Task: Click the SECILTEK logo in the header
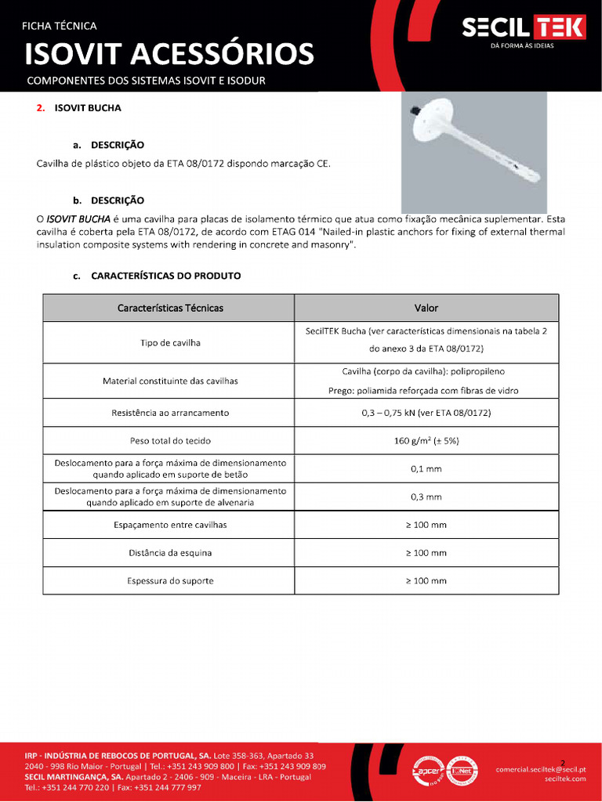524,29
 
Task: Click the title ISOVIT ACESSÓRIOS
169,54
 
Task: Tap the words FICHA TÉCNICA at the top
59,26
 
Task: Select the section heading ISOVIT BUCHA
87,108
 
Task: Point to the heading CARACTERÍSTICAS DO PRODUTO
165,276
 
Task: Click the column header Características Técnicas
170,308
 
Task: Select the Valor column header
426,308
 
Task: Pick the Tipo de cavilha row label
170,343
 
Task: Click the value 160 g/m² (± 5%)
426,441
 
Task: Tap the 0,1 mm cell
426,468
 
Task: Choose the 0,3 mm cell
426,497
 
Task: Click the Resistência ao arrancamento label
170,413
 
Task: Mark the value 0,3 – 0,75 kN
426,413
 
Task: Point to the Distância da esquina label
170,553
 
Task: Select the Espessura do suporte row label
170,581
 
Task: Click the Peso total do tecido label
170,441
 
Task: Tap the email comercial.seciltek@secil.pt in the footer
541,769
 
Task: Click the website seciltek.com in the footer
565,779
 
